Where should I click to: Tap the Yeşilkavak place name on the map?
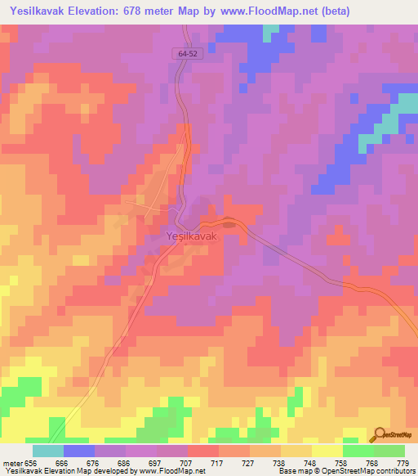click(193, 236)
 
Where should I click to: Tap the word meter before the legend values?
click(12, 462)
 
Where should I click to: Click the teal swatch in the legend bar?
click(48, 451)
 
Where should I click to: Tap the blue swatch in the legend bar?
click(79, 451)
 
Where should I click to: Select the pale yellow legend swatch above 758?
click(327, 451)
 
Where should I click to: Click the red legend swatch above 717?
click(203, 451)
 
